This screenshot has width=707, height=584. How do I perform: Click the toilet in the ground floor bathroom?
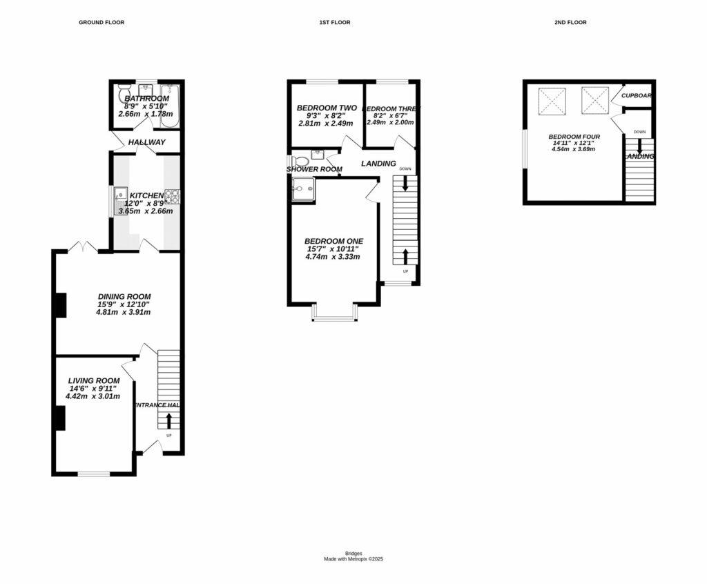[124, 93]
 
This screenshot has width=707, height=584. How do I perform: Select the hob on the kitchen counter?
[171, 197]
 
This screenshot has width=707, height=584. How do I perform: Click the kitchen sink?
[119, 198]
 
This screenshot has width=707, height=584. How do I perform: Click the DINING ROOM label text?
[124, 296]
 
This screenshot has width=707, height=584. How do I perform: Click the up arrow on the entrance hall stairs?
[169, 420]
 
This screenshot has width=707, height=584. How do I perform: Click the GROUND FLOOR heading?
[101, 23]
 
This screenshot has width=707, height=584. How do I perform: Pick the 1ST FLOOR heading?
[334, 23]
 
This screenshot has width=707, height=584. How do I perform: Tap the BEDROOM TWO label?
[326, 108]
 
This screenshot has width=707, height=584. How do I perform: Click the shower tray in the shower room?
[302, 188]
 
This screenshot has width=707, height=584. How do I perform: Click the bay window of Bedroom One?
[334, 313]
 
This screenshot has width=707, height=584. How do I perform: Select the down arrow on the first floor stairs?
[405, 184]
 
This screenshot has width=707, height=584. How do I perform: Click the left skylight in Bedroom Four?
[552, 101]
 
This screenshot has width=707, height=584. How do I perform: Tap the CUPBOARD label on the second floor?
[637, 96]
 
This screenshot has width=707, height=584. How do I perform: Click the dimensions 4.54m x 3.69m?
[574, 149]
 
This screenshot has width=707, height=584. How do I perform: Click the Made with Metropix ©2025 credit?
[353, 559]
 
